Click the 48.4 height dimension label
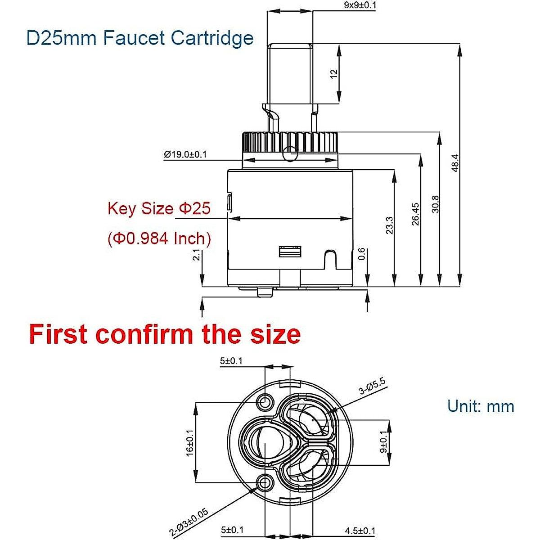coord(455,163)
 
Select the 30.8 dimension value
coord(435,204)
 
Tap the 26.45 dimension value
coord(415,213)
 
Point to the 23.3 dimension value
coord(390,225)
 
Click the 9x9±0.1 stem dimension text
coord(360,5)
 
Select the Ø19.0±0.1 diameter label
coord(185,154)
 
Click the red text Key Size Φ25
coord(159,208)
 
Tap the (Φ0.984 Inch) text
coord(159,238)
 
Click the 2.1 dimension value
coord(196,255)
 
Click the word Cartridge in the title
coord(212,38)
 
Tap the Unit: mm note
coord(480,406)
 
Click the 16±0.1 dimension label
coord(190,442)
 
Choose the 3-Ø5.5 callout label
coord(372,387)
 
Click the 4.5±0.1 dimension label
coord(360,531)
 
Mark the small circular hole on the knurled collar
coord(289,153)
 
